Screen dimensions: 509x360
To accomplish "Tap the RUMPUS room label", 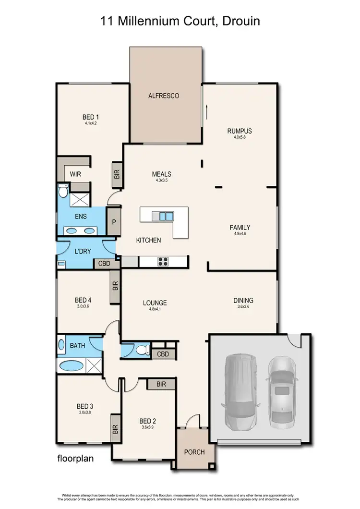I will (x=240, y=131).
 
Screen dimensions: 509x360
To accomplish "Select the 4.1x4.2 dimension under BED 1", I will (x=91, y=123).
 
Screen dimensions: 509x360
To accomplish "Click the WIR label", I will (x=75, y=174).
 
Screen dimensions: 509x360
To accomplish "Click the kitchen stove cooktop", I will (x=163, y=262).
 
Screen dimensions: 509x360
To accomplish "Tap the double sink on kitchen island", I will (x=166, y=216).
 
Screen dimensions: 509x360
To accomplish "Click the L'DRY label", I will (x=83, y=251).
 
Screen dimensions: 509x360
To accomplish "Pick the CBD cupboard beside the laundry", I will (x=103, y=264).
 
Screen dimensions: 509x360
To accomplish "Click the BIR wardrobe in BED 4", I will (x=115, y=287).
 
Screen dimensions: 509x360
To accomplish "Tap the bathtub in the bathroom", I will (x=72, y=365).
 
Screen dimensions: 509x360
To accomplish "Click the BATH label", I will (x=78, y=345).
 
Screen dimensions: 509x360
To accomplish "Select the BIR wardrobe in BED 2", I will (x=161, y=384).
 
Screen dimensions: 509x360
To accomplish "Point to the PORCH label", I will (x=194, y=452).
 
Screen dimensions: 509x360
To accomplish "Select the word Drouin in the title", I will (x=240, y=21).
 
